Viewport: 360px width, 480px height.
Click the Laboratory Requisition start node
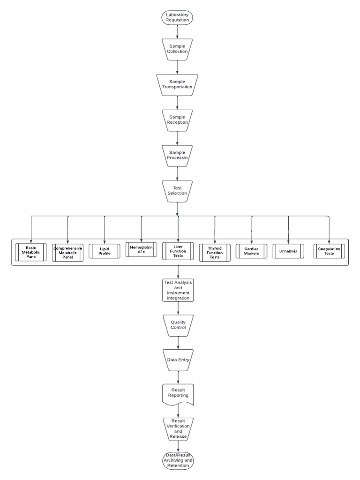[177, 18]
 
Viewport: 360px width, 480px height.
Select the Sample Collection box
[177, 49]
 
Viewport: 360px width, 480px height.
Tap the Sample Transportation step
[177, 84]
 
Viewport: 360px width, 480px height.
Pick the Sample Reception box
[177, 120]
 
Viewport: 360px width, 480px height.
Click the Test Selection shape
[177, 190]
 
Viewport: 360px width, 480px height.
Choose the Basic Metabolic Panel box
[31, 252]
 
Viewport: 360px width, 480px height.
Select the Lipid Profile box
[105, 251]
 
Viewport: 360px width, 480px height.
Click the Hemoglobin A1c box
[141, 249]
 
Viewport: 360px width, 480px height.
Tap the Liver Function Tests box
[178, 251]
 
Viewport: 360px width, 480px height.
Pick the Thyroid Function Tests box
[215, 252]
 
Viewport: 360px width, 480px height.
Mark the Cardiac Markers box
[252, 251]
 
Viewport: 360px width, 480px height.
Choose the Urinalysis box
[288, 251]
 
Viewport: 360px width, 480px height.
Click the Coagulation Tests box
[329, 251]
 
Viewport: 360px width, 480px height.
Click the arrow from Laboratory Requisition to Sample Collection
[177, 31]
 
